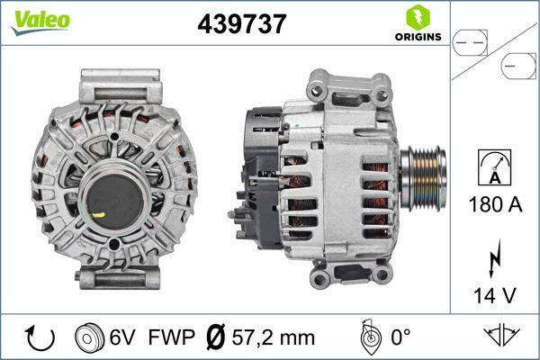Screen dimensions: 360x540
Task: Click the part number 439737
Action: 241,25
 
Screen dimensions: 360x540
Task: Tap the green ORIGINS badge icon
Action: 417,17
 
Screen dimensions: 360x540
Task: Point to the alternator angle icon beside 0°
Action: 368,337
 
